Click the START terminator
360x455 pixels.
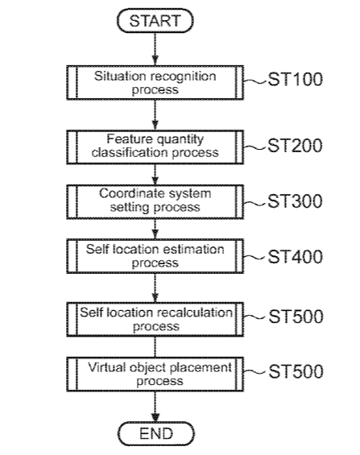coord(155,21)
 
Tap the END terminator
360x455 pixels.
coord(156,434)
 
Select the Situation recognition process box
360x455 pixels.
coord(155,83)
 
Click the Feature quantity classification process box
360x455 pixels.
coord(155,147)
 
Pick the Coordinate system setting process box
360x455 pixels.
coord(155,201)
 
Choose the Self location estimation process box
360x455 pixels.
coord(155,256)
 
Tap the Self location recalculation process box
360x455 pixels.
coord(155,320)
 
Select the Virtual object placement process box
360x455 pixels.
coord(155,374)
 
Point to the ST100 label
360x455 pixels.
coord(295,79)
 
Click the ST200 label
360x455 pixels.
coord(295,146)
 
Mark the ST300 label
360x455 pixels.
coord(295,201)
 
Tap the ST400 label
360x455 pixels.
coord(295,257)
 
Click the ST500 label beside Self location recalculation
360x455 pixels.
coord(296,316)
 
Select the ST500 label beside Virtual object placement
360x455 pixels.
coord(296,371)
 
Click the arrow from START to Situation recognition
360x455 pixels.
coord(155,49)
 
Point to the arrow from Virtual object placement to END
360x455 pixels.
coord(155,407)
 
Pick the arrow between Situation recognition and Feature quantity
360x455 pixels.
coord(155,115)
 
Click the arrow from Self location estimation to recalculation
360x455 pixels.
coord(155,287)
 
